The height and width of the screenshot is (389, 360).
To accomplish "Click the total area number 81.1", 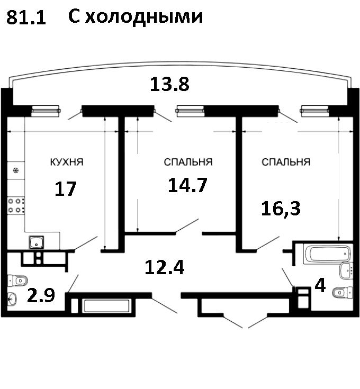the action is tap(26, 17).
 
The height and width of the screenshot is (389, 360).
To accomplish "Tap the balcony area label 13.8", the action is tap(169, 84).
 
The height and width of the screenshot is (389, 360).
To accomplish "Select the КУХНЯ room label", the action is tap(67, 162).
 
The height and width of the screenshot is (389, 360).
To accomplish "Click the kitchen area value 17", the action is tap(66, 188).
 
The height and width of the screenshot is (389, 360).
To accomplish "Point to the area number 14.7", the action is tap(187, 185).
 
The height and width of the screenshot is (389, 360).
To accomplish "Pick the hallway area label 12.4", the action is tap(165, 267).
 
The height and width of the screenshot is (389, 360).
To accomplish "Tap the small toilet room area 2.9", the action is tap(41, 295).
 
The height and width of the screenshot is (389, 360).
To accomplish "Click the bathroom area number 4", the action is tap(320, 286).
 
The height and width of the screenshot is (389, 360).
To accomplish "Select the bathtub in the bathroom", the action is tap(327, 254).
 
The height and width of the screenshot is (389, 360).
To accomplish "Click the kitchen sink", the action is tap(37, 242).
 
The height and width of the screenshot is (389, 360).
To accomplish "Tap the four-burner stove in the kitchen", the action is tap(16, 205).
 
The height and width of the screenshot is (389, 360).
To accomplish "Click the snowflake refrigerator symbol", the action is tap(16, 170).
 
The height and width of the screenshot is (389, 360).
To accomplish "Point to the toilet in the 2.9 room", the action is tap(17, 281).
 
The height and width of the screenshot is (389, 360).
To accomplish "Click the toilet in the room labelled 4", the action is tap(343, 293).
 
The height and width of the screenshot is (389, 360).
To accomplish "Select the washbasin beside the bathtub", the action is tap(346, 270).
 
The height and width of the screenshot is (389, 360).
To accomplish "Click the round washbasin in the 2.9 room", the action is tap(12, 299).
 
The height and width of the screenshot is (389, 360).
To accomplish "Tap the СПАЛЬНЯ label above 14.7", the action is tap(188, 162).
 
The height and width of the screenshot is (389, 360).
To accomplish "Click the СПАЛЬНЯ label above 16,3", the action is tap(286, 162).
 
